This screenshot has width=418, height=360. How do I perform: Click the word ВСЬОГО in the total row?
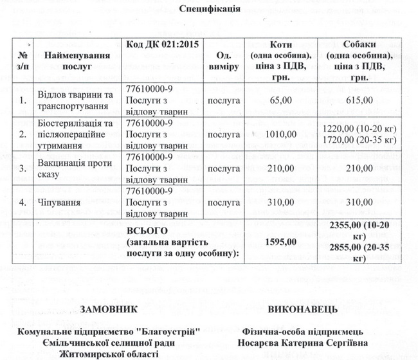pos(148,230)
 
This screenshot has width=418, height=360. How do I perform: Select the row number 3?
pos(23,168)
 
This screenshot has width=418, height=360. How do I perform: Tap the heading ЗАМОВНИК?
pos(109,310)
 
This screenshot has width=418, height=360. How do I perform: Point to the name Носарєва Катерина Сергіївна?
pos(302,343)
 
